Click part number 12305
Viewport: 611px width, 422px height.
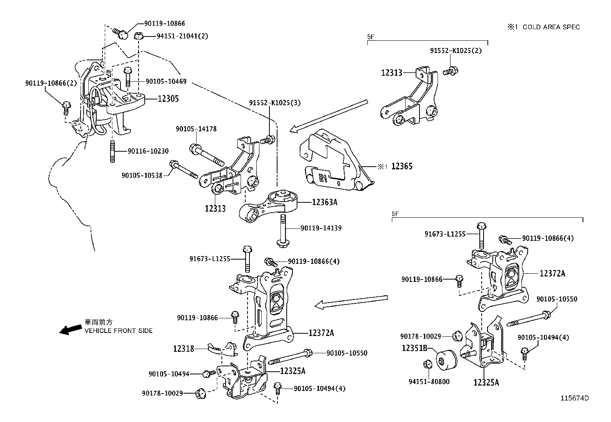pyautogui.click(x=168, y=99)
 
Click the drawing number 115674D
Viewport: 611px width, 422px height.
pyautogui.click(x=575, y=398)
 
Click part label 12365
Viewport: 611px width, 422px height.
pyautogui.click(x=402, y=166)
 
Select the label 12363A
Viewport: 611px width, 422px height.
pyautogui.click(x=324, y=202)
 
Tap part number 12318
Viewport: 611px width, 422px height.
pyautogui.click(x=183, y=349)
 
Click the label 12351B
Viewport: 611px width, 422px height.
pyautogui.click(x=414, y=348)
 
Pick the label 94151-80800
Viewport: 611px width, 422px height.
pyautogui.click(x=429, y=382)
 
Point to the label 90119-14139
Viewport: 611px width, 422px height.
pyautogui.click(x=321, y=228)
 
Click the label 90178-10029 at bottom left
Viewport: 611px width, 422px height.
pyautogui.click(x=162, y=393)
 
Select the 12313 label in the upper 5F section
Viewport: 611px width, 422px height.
pyautogui.click(x=391, y=72)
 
